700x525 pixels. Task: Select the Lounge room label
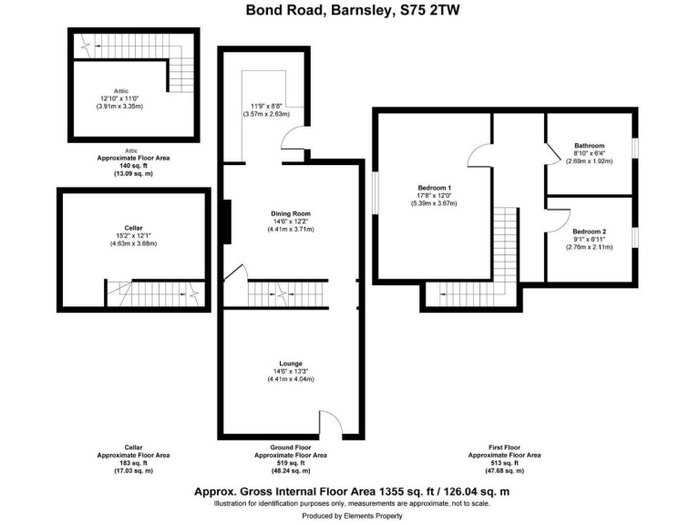point(291,363)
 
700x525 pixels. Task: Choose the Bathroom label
point(589,146)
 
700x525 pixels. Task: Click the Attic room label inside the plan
point(120,91)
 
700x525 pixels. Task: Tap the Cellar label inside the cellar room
point(134,227)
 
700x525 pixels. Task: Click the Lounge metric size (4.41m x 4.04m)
point(291,378)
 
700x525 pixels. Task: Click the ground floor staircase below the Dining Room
point(287,293)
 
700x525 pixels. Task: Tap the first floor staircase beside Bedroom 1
point(501,246)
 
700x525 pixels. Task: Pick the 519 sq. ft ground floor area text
point(291,462)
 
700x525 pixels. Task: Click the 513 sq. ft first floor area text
point(504,462)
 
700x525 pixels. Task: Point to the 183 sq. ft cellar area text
point(133,462)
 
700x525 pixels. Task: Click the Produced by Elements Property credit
point(350,516)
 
